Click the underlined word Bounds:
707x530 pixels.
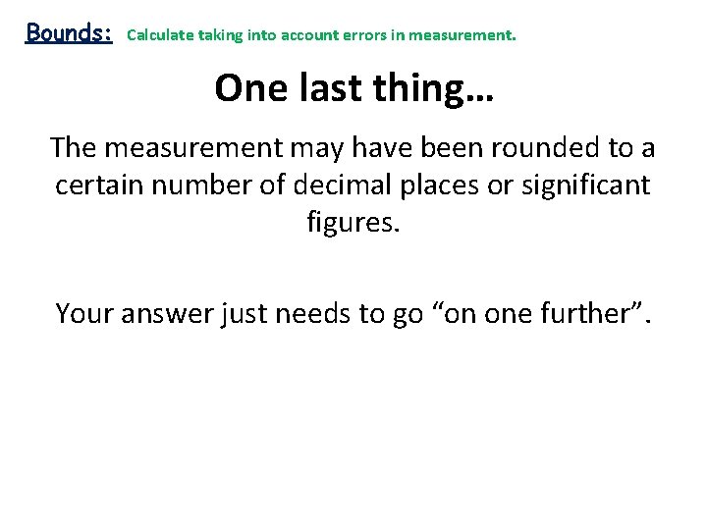(69, 32)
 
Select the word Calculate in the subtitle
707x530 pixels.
(160, 35)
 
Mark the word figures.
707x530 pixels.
(353, 222)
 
